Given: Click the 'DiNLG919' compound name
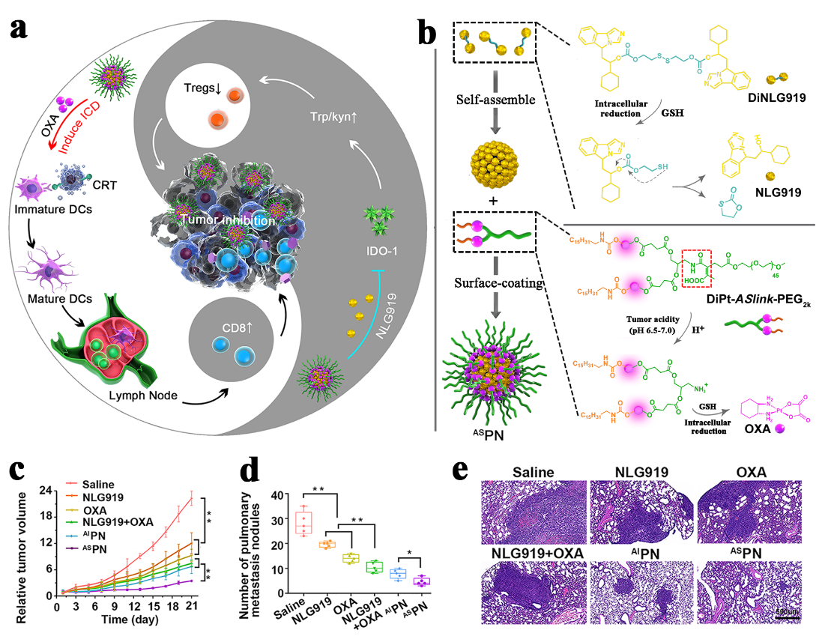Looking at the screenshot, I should point(782,101).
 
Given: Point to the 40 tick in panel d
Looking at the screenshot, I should point(262,495).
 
